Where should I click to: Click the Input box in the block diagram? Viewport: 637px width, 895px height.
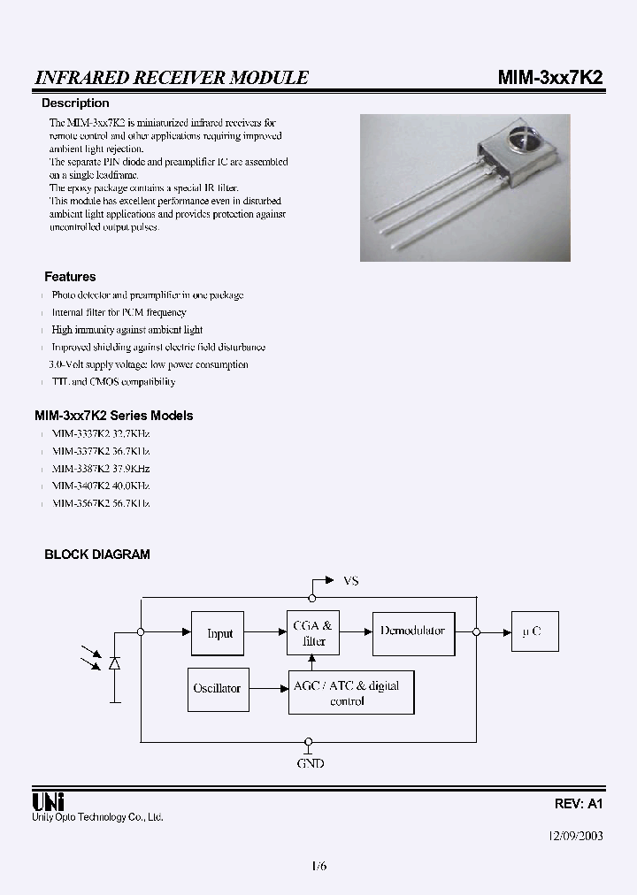pos(219,633)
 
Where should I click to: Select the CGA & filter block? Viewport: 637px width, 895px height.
pos(313,633)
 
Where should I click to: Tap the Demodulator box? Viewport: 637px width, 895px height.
pos(412,631)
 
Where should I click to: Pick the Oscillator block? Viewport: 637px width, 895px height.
pos(217,688)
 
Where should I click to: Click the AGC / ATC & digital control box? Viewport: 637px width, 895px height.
pos(351,692)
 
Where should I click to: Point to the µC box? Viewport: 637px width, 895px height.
pos(531,632)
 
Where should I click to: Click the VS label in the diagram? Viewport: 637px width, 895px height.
pos(350,581)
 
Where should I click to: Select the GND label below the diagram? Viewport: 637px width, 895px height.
pos(310,762)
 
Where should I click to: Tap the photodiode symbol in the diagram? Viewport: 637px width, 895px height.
pos(114,662)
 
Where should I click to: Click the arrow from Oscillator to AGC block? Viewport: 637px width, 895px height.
pos(265,688)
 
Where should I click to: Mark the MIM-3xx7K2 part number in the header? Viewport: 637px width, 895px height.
pos(549,77)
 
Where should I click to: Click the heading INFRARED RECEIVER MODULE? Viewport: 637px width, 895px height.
pos(172,78)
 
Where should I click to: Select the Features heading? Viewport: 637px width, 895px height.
pos(70,277)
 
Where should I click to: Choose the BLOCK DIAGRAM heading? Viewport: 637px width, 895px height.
pos(97,555)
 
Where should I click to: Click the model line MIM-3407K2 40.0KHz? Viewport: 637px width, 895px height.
pos(100,486)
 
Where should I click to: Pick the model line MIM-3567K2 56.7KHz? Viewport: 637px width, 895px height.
pos(100,503)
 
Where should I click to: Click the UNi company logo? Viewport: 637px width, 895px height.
pos(46,802)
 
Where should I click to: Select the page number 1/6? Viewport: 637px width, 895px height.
pos(318,867)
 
